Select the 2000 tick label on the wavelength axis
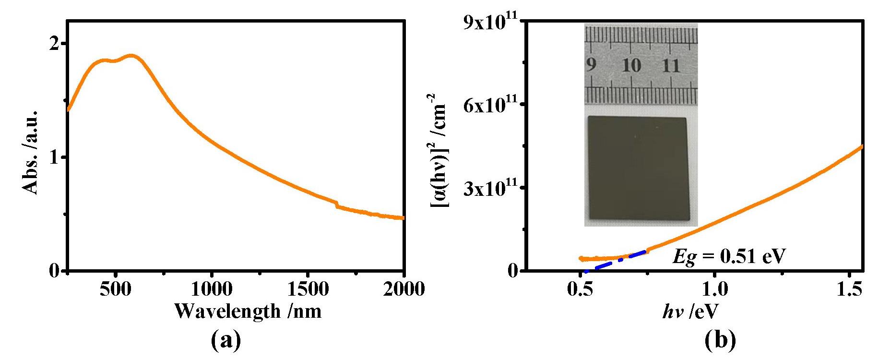coord(403,289)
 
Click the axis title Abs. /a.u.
coord(30,153)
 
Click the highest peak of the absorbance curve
coord(131,56)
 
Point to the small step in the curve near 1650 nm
coord(337,204)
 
